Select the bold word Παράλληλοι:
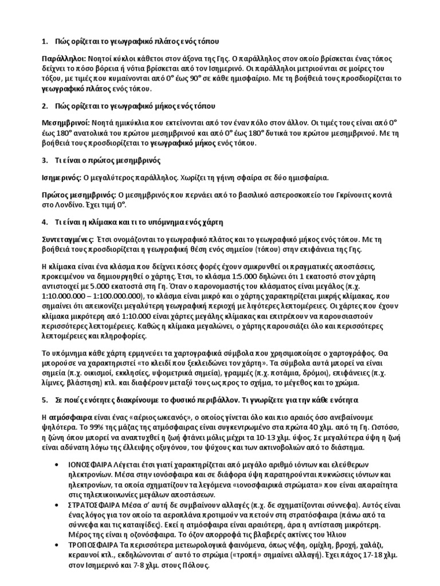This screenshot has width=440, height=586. click(64, 59)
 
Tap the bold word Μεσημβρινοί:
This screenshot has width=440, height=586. click(66, 122)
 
